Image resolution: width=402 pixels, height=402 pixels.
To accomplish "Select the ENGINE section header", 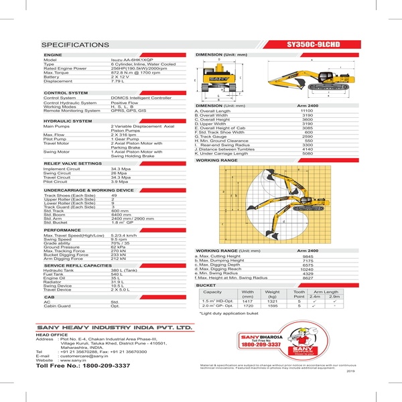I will [54, 54].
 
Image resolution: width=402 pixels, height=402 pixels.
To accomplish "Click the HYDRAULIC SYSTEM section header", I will [68, 121].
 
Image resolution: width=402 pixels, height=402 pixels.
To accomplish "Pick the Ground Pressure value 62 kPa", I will [119, 247].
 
